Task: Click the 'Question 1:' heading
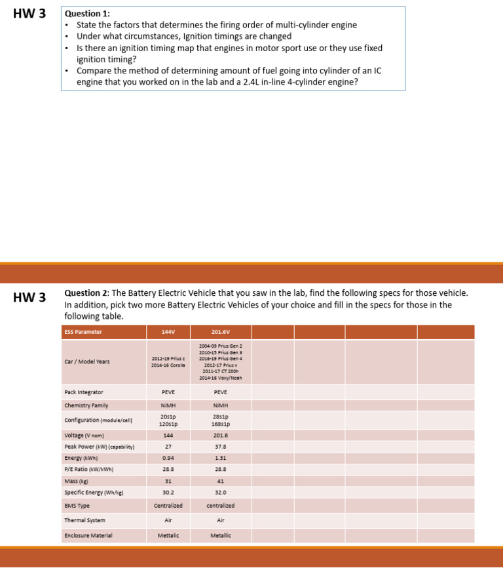[x=87, y=14]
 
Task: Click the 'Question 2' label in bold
[x=86, y=293]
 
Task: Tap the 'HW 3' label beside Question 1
[x=29, y=14]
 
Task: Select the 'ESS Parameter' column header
[x=83, y=332]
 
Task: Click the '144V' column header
[x=168, y=332]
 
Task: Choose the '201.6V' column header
[x=220, y=332]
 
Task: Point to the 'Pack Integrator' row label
[x=84, y=392]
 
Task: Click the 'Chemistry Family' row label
[x=86, y=405]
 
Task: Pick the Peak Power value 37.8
[x=220, y=447]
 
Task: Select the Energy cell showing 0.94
[x=168, y=458]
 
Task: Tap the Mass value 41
[x=220, y=481]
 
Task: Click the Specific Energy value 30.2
[x=168, y=492]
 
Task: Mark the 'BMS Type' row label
[x=77, y=506]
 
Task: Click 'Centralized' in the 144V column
[x=168, y=506]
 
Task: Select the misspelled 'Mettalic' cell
[x=168, y=535]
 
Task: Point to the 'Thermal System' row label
[x=84, y=520]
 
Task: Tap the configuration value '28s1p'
[x=220, y=416]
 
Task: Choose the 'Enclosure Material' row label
[x=88, y=535]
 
